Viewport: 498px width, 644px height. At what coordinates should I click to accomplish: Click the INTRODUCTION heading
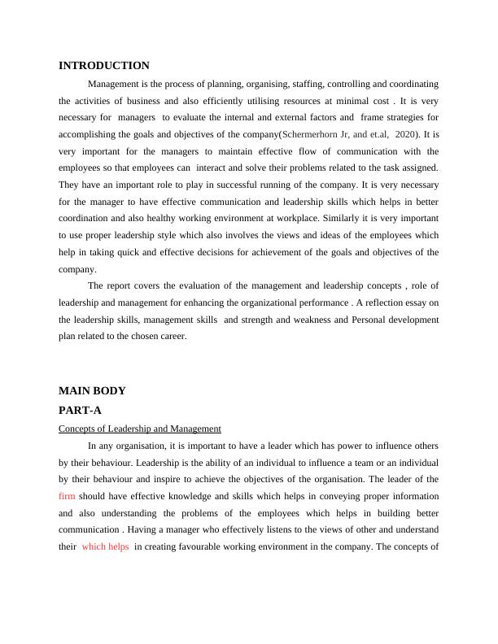pos(104,66)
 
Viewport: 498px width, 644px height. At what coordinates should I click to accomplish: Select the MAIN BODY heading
pos(92,390)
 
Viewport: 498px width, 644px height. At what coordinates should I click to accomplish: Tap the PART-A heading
pos(80,411)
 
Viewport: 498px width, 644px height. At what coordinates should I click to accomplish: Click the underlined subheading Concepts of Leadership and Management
pos(140,429)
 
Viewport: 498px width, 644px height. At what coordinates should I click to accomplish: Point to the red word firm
pos(67,496)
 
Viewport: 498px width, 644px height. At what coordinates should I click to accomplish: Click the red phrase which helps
pos(105,547)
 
